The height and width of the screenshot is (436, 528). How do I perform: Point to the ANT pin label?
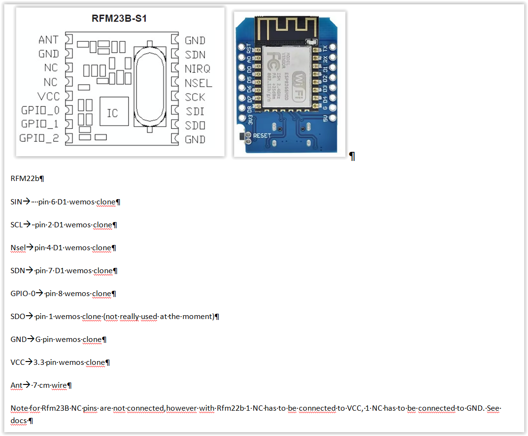coord(48,40)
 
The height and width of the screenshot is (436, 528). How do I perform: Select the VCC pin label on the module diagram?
coord(48,96)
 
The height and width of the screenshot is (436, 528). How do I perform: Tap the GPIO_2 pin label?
coord(39,138)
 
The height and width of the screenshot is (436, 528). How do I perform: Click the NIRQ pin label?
coord(197,69)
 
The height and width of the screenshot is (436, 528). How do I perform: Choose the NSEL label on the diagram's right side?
coord(198,83)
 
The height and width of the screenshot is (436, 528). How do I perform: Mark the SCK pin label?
coord(195,97)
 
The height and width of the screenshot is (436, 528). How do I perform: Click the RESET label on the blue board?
coord(262,136)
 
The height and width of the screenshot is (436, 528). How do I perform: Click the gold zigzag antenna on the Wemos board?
coord(284,30)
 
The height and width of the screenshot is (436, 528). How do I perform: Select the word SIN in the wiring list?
coord(16,202)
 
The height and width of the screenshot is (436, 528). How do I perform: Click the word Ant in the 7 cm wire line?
coord(16,385)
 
